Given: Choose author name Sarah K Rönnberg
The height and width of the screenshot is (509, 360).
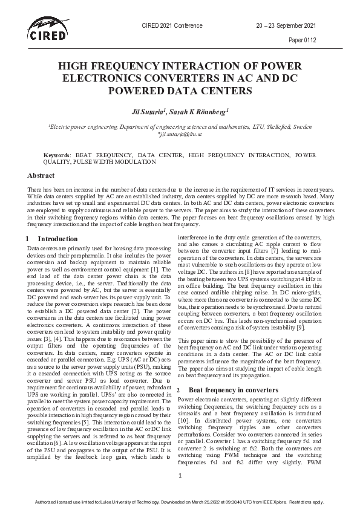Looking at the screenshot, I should click(201, 112).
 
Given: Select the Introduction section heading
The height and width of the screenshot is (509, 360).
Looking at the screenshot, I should click(57, 239).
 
